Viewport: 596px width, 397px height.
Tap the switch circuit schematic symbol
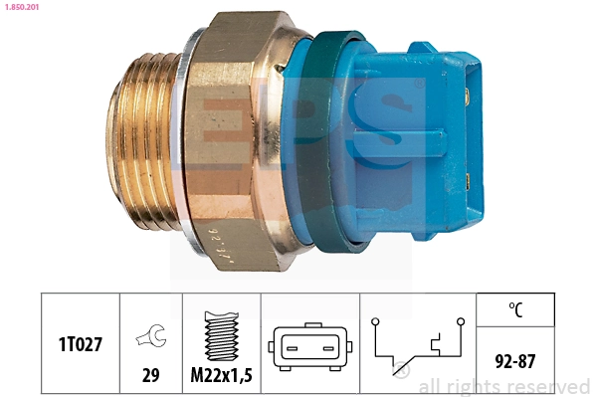[x=418, y=344]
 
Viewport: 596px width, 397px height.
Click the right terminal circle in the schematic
[x=462, y=320]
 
